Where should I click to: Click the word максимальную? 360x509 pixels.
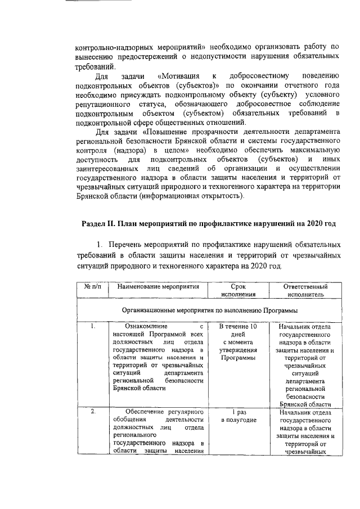(x=312, y=152)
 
